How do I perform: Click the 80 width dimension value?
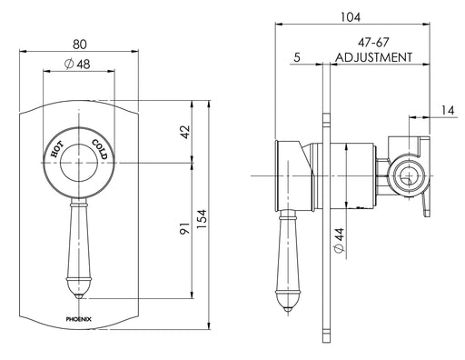coord(79,45)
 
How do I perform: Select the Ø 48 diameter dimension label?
coord(77,65)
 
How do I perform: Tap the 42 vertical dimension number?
coord(185,132)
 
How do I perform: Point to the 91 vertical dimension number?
coord(184,228)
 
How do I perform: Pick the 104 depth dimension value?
coord(351,17)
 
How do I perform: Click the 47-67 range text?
coord(373,42)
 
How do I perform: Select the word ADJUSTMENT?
coord(373,57)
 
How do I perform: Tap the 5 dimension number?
coord(297,57)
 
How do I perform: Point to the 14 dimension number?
coord(448,110)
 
